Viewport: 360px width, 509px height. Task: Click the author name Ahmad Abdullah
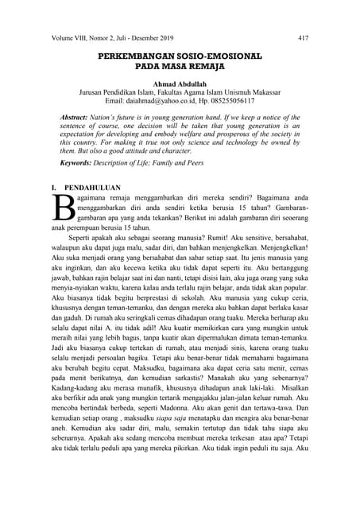click(x=180, y=85)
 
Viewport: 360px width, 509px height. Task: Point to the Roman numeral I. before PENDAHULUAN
click(x=54, y=187)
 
